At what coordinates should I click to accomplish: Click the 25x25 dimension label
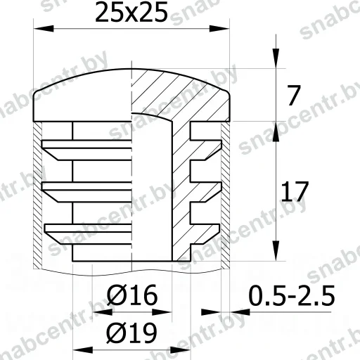click(131, 12)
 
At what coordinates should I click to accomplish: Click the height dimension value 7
click(294, 96)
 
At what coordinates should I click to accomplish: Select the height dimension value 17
click(295, 191)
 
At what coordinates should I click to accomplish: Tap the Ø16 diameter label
click(132, 295)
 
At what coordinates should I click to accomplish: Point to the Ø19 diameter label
click(131, 333)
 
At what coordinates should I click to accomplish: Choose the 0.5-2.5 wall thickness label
click(292, 295)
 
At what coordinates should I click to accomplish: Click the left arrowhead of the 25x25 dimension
click(44, 29)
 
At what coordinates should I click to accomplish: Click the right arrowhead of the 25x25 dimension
click(219, 29)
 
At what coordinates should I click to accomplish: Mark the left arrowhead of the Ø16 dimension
click(102, 312)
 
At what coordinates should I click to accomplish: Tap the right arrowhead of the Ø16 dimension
click(162, 312)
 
